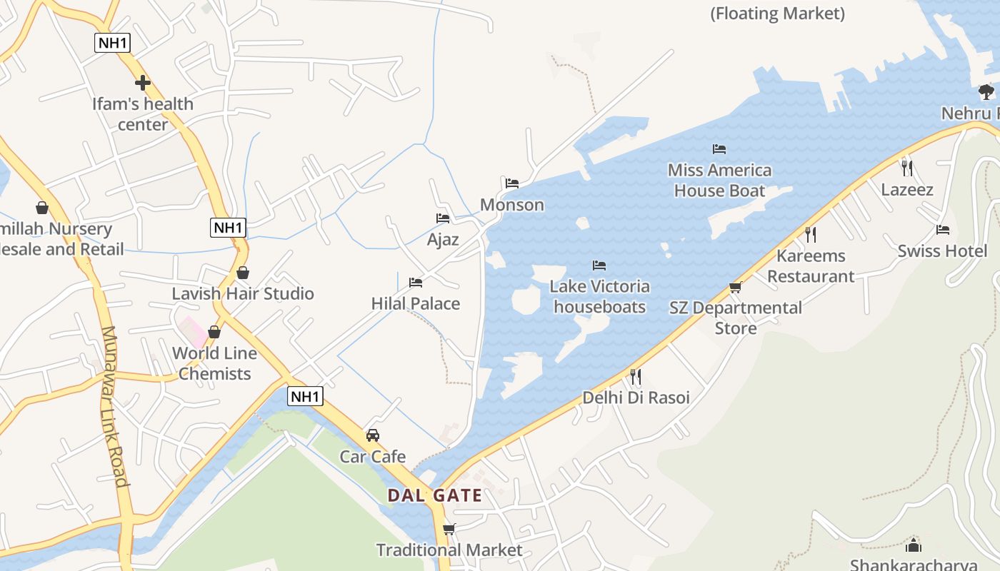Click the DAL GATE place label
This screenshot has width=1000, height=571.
point(434,495)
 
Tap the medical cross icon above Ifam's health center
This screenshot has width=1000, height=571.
point(143,83)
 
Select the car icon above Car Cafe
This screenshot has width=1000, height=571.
point(372,435)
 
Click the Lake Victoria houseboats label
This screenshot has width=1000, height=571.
point(599,296)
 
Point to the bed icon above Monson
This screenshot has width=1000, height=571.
point(511,183)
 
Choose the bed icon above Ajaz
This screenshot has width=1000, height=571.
point(443,218)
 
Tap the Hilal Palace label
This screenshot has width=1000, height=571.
point(415,303)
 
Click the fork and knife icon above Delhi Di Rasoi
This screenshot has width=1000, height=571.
point(635,376)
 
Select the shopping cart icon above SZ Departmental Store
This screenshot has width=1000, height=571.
point(735,287)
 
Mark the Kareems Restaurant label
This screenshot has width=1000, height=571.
point(811,266)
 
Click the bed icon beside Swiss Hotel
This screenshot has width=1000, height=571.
point(943,230)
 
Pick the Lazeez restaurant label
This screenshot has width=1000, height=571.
point(907,189)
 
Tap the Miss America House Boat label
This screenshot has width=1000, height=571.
point(719,180)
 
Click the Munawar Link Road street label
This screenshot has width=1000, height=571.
point(114,407)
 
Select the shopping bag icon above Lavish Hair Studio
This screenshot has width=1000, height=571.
point(243,273)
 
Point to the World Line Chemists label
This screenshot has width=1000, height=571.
point(214,363)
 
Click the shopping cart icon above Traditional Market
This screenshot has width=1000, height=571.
point(449,529)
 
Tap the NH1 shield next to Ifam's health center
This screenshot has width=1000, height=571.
point(113,42)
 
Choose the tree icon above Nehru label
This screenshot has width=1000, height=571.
point(986,91)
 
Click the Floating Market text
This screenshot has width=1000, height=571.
point(777,13)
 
